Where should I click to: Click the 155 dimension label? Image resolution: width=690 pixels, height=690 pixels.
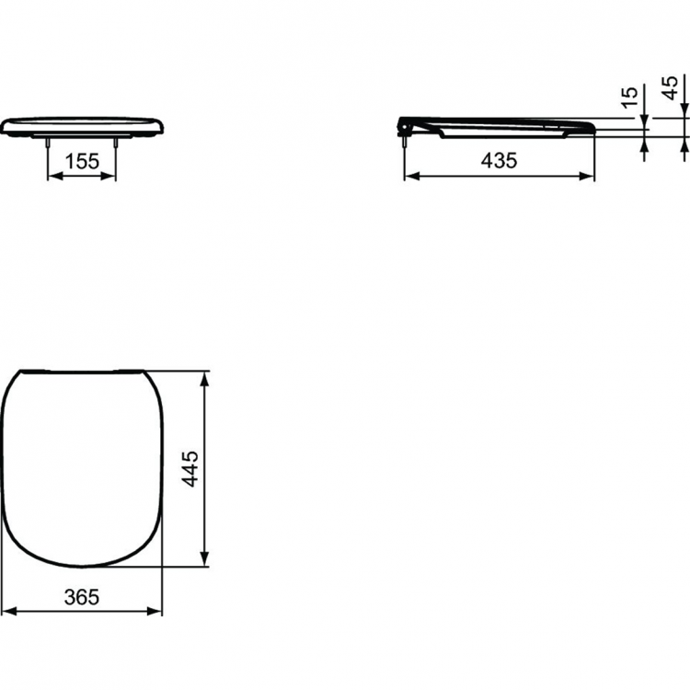point(82,161)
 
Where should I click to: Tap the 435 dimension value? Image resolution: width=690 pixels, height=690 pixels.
point(499,160)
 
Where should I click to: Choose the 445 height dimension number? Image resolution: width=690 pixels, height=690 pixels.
point(189,469)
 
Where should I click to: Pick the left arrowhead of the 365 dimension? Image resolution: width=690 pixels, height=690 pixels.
point(7,611)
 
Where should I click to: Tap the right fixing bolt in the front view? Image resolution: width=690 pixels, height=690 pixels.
point(116,140)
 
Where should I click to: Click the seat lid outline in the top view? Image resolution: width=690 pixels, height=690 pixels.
point(82,467)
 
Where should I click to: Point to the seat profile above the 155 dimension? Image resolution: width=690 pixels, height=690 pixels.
point(82,126)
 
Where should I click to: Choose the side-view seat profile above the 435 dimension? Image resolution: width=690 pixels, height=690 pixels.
point(501,127)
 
